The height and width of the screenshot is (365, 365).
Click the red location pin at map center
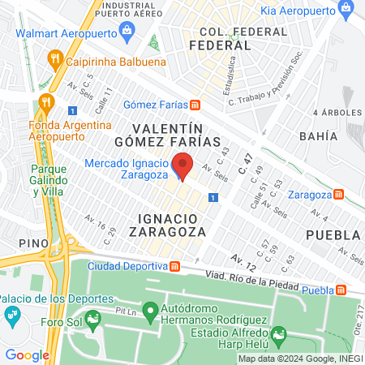[183, 165]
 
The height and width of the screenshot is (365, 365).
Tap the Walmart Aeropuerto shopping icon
[127, 31]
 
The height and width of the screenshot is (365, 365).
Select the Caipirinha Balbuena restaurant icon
[55, 58]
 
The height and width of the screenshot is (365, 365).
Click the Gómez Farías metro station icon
[195, 105]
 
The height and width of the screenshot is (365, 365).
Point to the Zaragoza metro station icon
[348, 195]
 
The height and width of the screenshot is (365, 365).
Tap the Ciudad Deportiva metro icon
[175, 266]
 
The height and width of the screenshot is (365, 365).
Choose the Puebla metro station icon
[343, 290]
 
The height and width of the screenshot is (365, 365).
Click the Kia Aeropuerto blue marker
[347, 11]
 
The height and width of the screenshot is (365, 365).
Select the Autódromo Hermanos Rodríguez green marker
[149, 310]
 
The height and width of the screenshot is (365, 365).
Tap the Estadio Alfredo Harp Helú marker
[279, 333]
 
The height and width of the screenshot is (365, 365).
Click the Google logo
[27, 354]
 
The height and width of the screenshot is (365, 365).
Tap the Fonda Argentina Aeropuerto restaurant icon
[45, 103]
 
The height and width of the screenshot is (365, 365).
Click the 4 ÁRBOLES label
[337, 113]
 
